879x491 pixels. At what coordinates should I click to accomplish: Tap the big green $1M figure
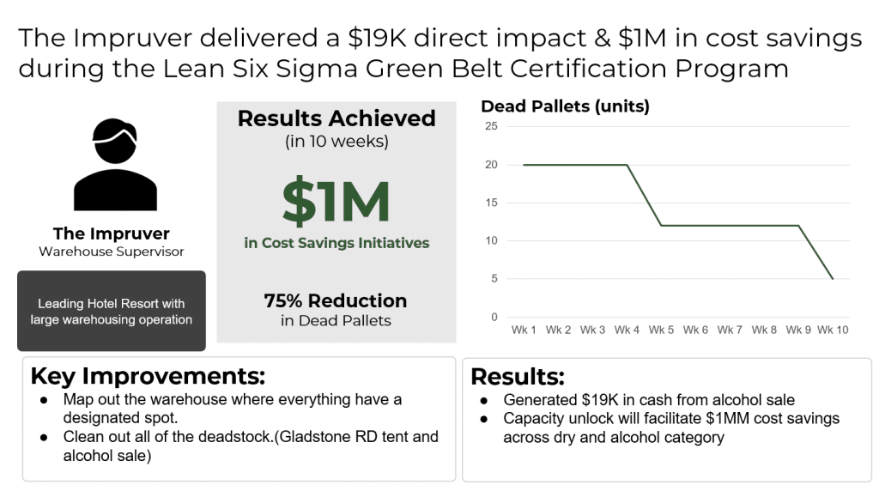[336, 201]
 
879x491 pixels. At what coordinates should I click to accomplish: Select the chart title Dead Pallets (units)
[565, 107]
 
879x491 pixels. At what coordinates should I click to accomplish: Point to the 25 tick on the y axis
[491, 126]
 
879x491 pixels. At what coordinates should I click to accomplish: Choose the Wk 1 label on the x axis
[524, 330]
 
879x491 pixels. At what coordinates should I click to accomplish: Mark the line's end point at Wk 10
[832, 279]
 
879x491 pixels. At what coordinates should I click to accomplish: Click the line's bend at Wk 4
[627, 165]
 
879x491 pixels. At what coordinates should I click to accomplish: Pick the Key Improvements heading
[148, 377]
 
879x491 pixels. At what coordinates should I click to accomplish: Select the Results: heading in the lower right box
[518, 377]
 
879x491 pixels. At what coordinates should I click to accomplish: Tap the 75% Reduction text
[336, 301]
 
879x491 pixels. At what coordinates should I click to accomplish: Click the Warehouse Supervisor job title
[112, 252]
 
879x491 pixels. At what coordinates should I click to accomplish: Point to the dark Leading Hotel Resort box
[112, 312]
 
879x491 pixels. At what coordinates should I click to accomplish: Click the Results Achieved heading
[336, 118]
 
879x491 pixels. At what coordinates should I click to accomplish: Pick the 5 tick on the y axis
[494, 279]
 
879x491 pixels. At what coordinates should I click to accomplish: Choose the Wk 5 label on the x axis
[661, 330]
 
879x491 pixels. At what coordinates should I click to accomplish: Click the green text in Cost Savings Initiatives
[336, 243]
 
